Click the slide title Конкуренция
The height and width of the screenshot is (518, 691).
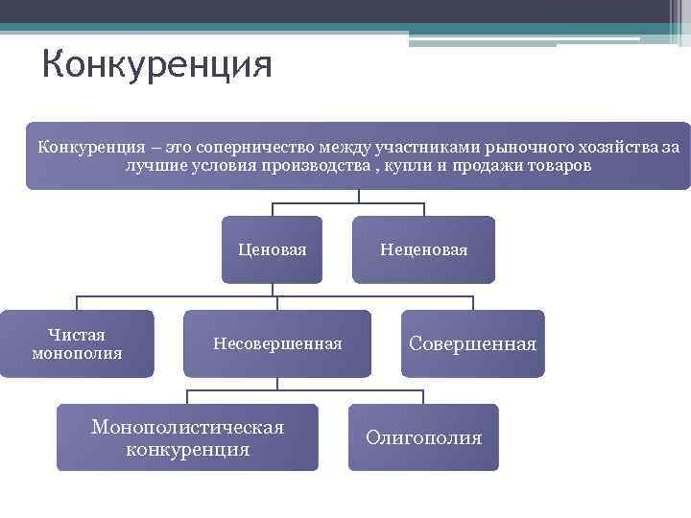pos(157,65)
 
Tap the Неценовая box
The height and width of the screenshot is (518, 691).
pos(423,249)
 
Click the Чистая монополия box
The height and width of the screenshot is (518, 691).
pos(77,343)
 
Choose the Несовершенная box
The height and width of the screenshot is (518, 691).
pos(277,343)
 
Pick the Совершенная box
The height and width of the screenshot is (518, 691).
pos(472,343)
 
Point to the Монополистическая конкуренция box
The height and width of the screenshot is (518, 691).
pos(187,437)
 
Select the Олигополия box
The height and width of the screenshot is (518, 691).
pos(423,437)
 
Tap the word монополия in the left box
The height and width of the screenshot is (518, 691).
pos(77,353)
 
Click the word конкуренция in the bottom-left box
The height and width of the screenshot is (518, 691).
pos(187,449)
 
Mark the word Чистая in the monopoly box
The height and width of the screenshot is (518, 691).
pos(77,335)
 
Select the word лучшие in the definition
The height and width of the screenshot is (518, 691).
pos(154,166)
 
